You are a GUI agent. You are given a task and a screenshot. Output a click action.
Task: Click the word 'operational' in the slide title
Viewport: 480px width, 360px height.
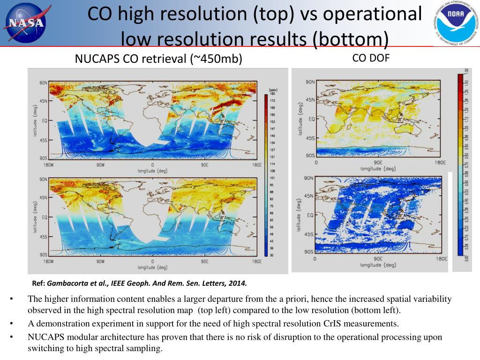coord(372,14)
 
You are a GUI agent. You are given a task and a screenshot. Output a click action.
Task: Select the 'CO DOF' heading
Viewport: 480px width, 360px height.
coord(371,58)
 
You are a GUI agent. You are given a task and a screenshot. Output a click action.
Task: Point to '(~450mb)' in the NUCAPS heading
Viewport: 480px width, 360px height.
coord(216,59)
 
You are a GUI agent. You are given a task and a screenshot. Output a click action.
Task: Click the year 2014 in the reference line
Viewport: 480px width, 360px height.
coord(237,283)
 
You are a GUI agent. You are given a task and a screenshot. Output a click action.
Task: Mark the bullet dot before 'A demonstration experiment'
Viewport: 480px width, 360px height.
coord(11,323)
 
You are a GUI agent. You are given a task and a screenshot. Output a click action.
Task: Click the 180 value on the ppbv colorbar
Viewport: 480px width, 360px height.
coord(272,95)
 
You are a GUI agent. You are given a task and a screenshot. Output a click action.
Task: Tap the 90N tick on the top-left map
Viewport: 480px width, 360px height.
coord(43,83)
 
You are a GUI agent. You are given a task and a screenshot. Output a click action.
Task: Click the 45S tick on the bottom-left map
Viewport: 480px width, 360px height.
coord(43,237)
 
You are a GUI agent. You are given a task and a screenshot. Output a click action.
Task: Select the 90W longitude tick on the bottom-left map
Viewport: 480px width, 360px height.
coord(100,261)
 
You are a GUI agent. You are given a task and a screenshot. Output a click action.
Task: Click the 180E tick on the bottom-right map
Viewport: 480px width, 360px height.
coord(439,259)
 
